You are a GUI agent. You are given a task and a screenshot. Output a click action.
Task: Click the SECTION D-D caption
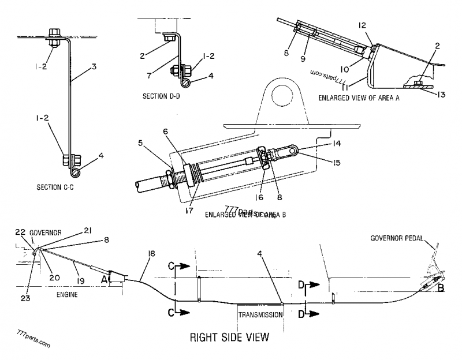point(162,95)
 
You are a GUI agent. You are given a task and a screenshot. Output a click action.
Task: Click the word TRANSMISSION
point(260,314)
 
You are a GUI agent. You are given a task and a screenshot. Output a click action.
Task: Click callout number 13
point(441,94)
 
